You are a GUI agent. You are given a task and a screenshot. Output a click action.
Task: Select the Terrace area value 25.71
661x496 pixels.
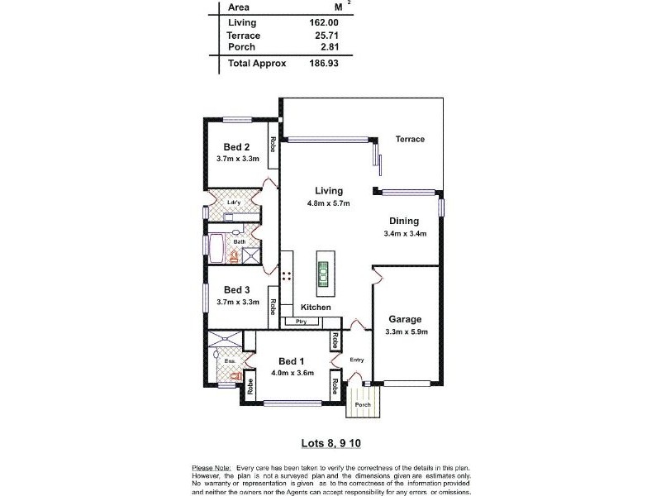[326, 36]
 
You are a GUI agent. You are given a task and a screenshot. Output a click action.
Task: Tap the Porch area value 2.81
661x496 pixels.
[328, 48]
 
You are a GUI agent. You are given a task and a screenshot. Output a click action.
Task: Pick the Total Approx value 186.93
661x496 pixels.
[323, 63]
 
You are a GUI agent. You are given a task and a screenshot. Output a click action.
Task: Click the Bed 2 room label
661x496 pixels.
[236, 148]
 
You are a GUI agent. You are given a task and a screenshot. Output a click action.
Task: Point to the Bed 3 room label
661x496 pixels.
[236, 290]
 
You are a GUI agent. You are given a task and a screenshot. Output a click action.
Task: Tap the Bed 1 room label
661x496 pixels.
[292, 362]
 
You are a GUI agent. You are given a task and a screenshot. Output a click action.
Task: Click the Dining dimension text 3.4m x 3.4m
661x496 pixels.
[405, 234]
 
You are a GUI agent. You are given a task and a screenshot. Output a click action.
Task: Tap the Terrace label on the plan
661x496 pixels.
[409, 139]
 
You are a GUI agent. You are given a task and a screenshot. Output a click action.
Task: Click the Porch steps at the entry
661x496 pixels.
[363, 403]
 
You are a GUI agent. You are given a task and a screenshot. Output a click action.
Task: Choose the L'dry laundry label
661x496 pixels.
[232, 202]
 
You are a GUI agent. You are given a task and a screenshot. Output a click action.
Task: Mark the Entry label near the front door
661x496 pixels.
[357, 360]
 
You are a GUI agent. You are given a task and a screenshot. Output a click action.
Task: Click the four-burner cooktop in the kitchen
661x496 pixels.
[287, 276]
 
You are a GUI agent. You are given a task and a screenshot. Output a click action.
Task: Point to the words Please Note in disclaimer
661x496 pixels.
[212, 468]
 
